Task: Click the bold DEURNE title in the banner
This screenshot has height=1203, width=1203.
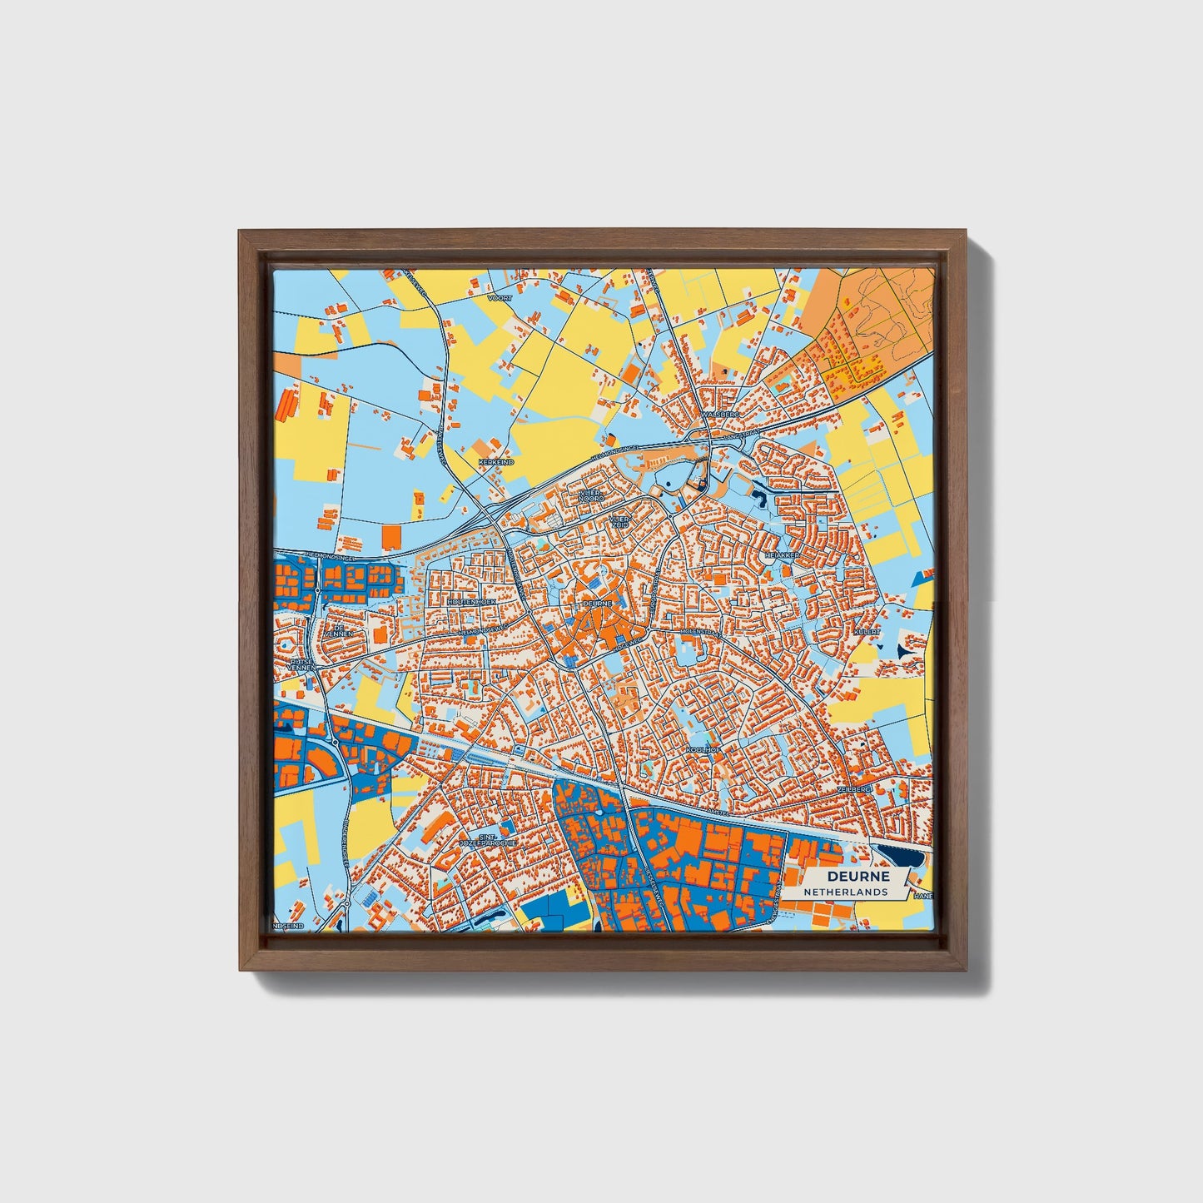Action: click(858, 877)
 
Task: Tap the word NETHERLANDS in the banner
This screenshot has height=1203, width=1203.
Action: click(846, 892)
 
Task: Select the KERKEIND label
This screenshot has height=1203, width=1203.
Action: click(496, 461)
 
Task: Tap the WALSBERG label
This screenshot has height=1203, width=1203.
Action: click(720, 413)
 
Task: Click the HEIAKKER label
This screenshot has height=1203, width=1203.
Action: click(782, 554)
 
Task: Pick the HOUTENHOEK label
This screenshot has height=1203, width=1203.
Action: click(471, 600)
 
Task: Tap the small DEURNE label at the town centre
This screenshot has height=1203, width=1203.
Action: click(598, 603)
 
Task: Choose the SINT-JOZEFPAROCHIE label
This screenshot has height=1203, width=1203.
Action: click(489, 839)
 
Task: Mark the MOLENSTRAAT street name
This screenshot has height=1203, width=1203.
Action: click(699, 633)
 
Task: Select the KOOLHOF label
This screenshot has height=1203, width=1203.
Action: click(702, 750)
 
